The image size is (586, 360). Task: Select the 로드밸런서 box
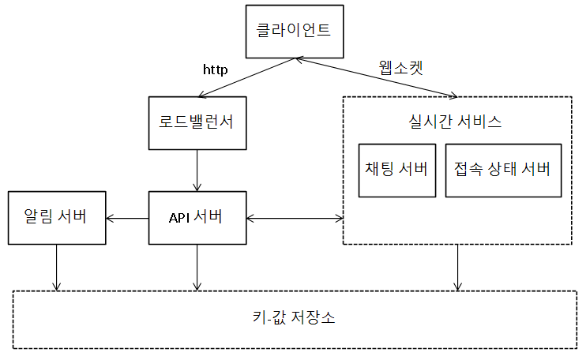(x=196, y=123)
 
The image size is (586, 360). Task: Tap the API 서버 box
(x=196, y=217)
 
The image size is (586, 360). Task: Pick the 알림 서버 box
(x=56, y=217)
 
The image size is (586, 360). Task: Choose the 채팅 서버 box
(x=396, y=170)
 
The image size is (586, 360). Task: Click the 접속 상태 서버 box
(x=502, y=170)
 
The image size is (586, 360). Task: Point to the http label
(x=216, y=69)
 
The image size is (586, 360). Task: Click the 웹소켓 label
(x=400, y=67)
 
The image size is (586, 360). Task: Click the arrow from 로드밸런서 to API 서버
(x=197, y=170)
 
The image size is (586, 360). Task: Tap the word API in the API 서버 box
(x=180, y=218)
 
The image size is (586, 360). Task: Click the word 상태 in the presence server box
(x=502, y=170)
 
